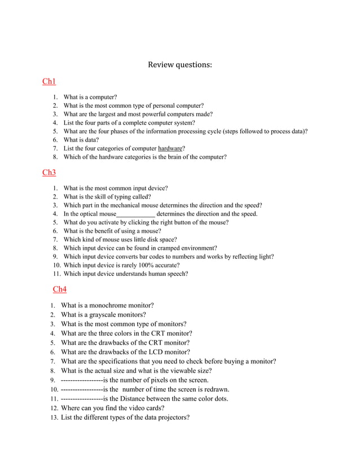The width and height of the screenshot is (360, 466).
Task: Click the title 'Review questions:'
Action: [x=180, y=64]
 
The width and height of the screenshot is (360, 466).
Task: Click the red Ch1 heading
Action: [x=49, y=82]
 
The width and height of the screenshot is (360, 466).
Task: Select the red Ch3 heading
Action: [x=49, y=172]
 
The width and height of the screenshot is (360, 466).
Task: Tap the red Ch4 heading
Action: [x=60, y=289]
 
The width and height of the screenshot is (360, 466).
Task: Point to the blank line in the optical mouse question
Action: [x=135, y=214]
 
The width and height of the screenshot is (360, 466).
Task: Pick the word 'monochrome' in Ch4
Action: [x=120, y=306]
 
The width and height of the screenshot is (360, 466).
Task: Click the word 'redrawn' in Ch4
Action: [x=216, y=389]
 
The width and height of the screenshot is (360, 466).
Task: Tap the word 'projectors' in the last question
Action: [x=170, y=417]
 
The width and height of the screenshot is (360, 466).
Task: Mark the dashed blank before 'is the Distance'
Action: [x=82, y=398]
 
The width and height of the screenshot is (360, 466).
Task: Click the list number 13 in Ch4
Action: [x=54, y=417]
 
